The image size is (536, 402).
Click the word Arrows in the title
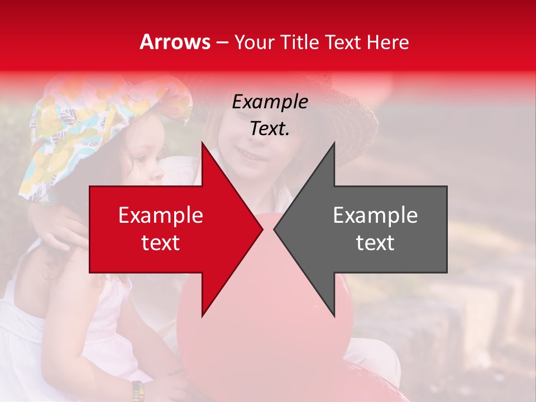pos(175,42)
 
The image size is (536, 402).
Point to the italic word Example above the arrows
pos(270,102)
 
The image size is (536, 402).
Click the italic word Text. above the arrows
pos(270,128)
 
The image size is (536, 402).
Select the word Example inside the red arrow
pos(161,216)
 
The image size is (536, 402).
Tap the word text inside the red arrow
pos(161,243)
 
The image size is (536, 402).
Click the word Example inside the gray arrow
pos(375,216)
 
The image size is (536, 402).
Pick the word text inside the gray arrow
pos(375,243)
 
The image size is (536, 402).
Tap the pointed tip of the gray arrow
pos(275,229)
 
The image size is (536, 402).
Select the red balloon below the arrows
pos(262,335)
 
